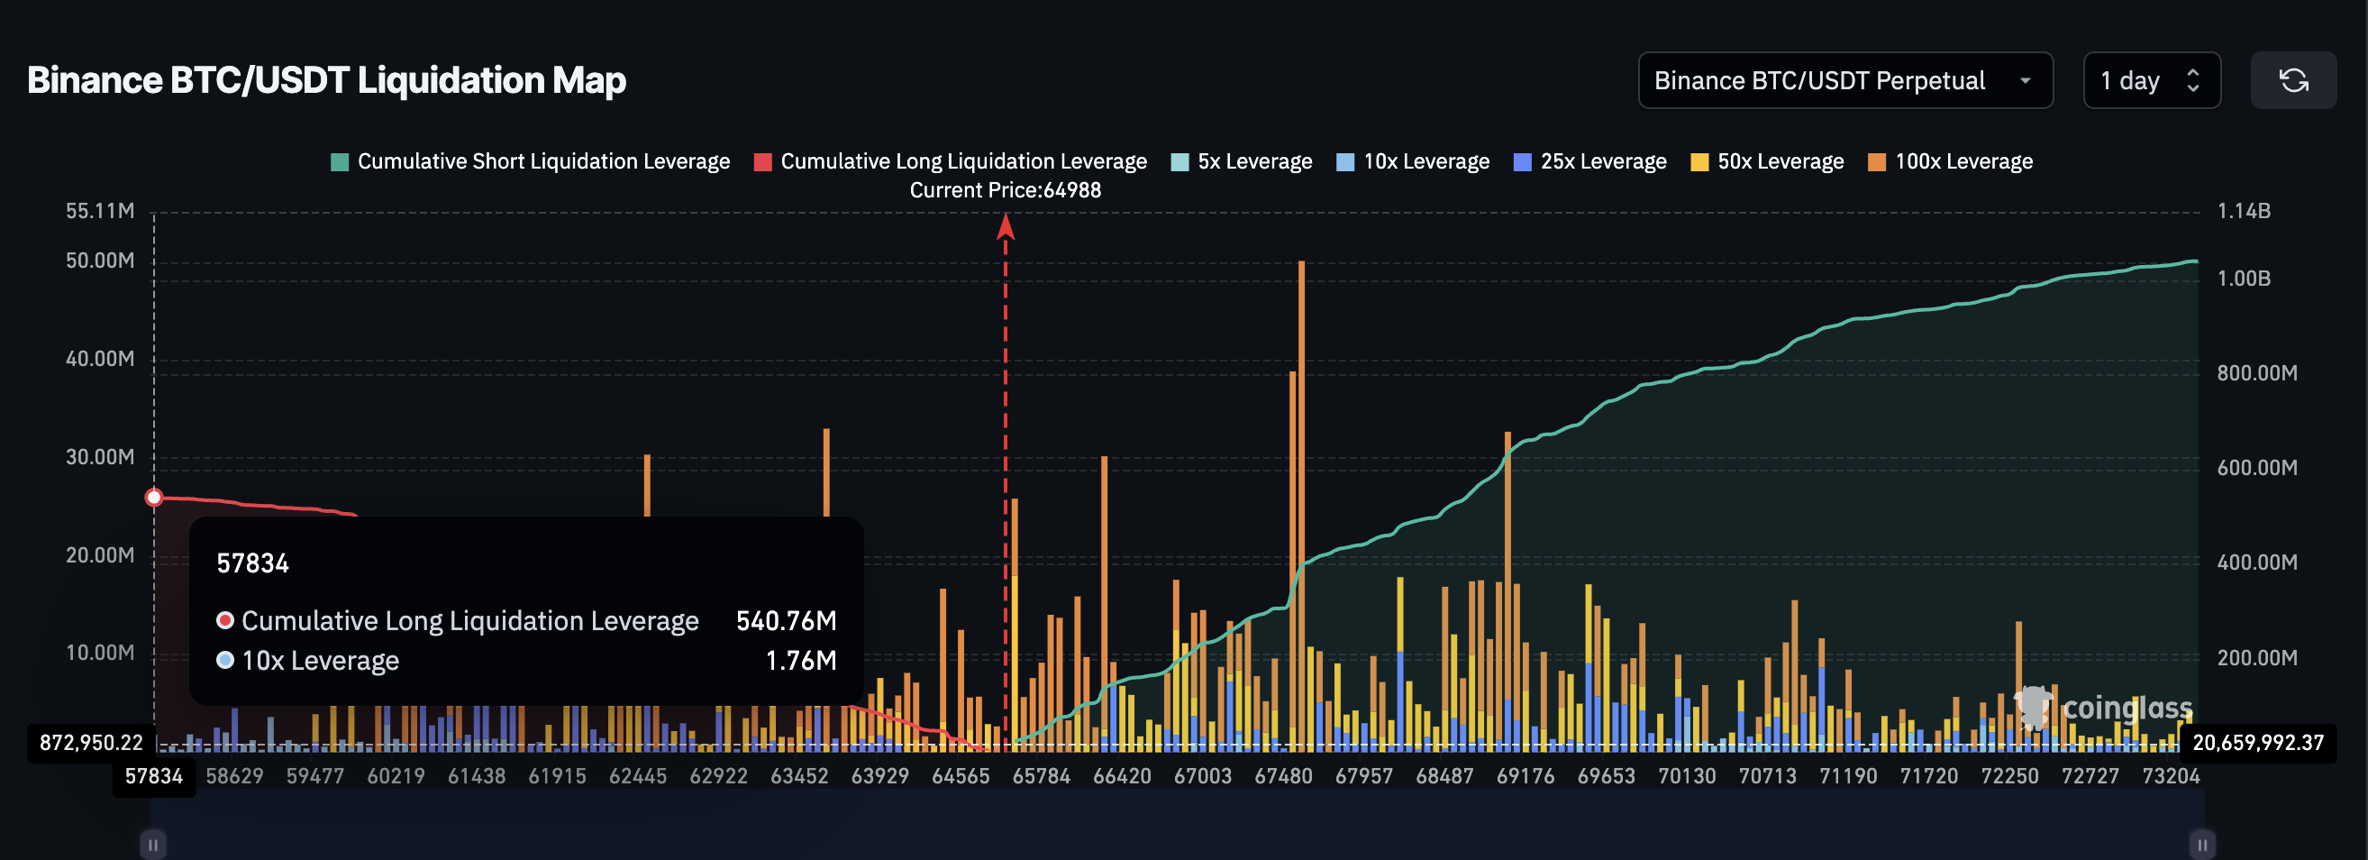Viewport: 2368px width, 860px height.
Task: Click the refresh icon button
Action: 2292,81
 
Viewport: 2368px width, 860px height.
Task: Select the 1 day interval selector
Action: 2150,81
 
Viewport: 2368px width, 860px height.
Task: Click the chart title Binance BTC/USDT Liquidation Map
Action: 326,80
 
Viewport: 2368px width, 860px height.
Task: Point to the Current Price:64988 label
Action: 1005,190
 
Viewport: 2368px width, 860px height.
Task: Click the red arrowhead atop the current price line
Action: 1006,226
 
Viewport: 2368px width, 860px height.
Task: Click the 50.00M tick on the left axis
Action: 99,261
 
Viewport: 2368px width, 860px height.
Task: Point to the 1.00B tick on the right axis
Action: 2243,279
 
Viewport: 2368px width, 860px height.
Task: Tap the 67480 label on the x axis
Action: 1283,776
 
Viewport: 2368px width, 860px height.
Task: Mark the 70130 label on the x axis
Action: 1686,776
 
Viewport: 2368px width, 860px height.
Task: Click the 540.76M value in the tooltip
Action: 786,621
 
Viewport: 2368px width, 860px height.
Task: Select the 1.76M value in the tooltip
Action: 801,661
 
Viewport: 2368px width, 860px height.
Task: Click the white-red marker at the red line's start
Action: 154,498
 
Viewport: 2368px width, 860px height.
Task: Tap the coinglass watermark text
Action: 2127,708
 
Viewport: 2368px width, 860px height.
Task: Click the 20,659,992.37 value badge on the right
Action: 2258,742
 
